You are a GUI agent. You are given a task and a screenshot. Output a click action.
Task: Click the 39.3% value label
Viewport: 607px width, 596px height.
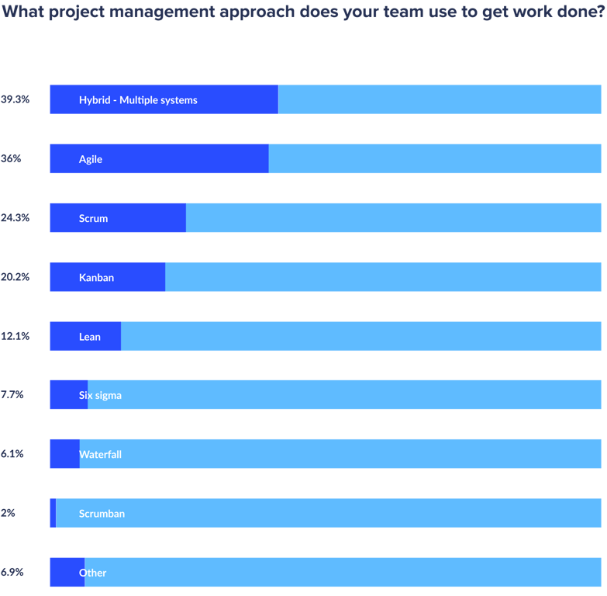[x=15, y=99]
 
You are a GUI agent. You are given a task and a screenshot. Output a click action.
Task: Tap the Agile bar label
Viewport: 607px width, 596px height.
[x=91, y=159]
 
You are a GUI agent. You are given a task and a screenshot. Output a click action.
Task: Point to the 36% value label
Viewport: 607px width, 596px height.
[x=11, y=159]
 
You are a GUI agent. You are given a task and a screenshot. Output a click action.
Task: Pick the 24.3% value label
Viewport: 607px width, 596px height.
[x=15, y=218]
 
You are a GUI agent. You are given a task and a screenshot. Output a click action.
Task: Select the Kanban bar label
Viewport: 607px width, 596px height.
[x=96, y=277]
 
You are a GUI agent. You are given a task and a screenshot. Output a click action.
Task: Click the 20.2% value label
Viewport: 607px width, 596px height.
[x=15, y=277]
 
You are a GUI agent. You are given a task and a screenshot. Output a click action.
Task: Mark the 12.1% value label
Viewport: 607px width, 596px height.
[x=15, y=336]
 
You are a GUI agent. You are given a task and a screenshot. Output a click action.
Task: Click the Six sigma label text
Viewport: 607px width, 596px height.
[x=100, y=395]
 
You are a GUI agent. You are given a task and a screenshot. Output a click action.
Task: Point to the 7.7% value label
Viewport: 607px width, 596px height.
[x=12, y=395]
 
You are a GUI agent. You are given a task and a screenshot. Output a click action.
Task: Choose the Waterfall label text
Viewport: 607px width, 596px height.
[x=100, y=454]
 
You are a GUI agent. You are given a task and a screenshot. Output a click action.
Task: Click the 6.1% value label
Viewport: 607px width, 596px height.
[x=12, y=454]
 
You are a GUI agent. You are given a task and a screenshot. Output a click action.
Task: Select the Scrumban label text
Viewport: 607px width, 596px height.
[x=102, y=513]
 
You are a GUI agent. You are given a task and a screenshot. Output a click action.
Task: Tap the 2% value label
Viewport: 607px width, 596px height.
[x=8, y=513]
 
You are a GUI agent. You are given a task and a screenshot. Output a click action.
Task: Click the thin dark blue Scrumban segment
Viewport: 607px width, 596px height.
[x=53, y=513]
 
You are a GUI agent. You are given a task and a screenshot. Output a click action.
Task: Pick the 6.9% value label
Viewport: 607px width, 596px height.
[x=12, y=572]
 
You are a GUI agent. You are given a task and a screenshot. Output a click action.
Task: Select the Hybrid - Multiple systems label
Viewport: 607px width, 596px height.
[x=138, y=99]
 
